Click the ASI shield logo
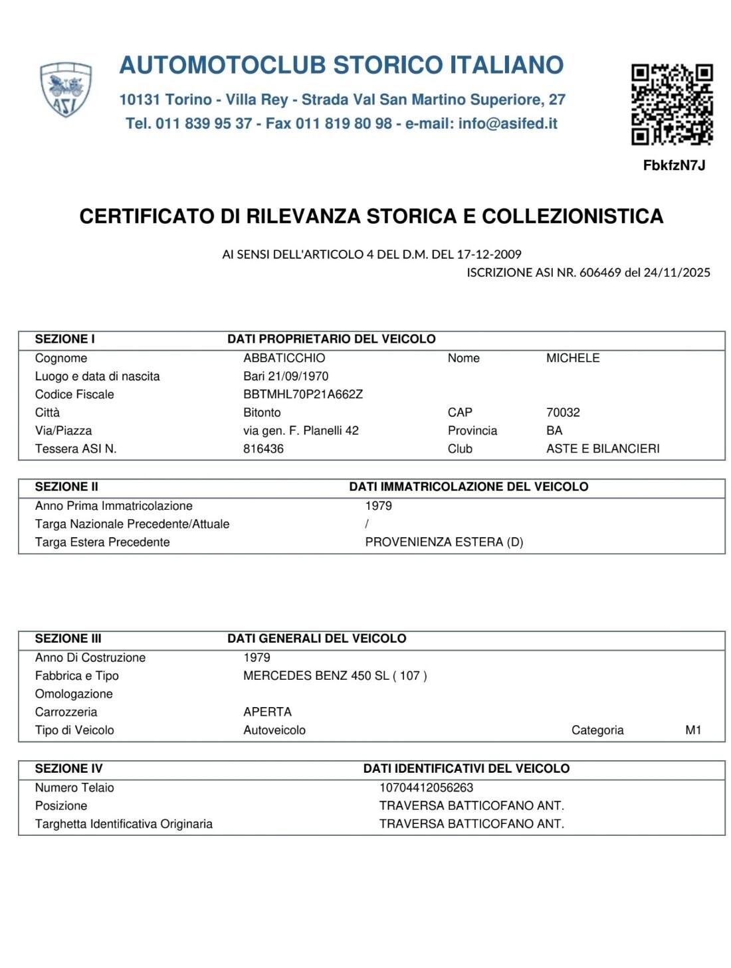click(x=65, y=90)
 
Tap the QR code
click(x=672, y=104)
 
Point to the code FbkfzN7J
click(x=674, y=165)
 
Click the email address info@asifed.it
click(x=508, y=123)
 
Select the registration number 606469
click(x=599, y=272)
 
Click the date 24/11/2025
click(x=677, y=272)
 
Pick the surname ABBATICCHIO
click(x=284, y=358)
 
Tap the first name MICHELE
click(x=572, y=358)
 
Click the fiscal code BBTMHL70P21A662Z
click(x=303, y=394)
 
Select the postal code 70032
click(x=563, y=412)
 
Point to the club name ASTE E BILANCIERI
click(x=602, y=449)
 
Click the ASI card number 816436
click(x=263, y=449)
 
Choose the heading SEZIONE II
click(x=66, y=487)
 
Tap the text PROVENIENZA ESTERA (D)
click(x=444, y=542)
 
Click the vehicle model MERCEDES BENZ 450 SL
click(x=316, y=676)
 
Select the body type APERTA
click(x=267, y=712)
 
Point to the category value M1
click(x=693, y=730)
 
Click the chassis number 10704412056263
click(x=426, y=788)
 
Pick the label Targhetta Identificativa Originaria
click(x=124, y=824)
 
